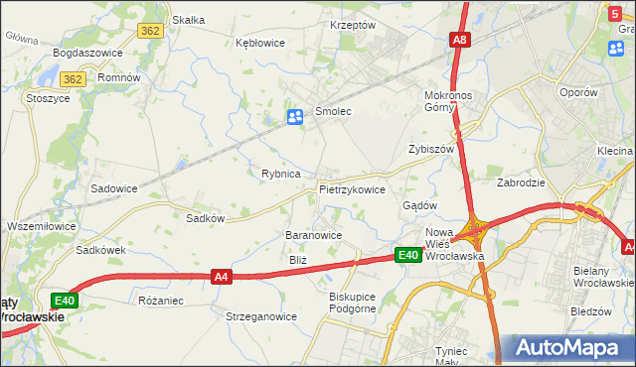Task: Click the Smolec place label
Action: coord(334,112)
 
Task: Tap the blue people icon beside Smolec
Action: coord(295,118)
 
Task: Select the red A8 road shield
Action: coord(459,40)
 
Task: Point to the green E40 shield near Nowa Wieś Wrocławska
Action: coord(407,256)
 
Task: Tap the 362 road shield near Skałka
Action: coord(151,31)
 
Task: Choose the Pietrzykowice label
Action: coord(352,188)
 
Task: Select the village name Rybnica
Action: coord(281,174)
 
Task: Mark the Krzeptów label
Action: coord(353,25)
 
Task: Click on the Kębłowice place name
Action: coord(260,43)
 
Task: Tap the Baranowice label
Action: coord(314,235)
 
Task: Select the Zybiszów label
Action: coord(431,149)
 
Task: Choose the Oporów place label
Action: coord(577,91)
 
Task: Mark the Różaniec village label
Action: coord(160,299)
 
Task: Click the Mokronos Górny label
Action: coord(453,101)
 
